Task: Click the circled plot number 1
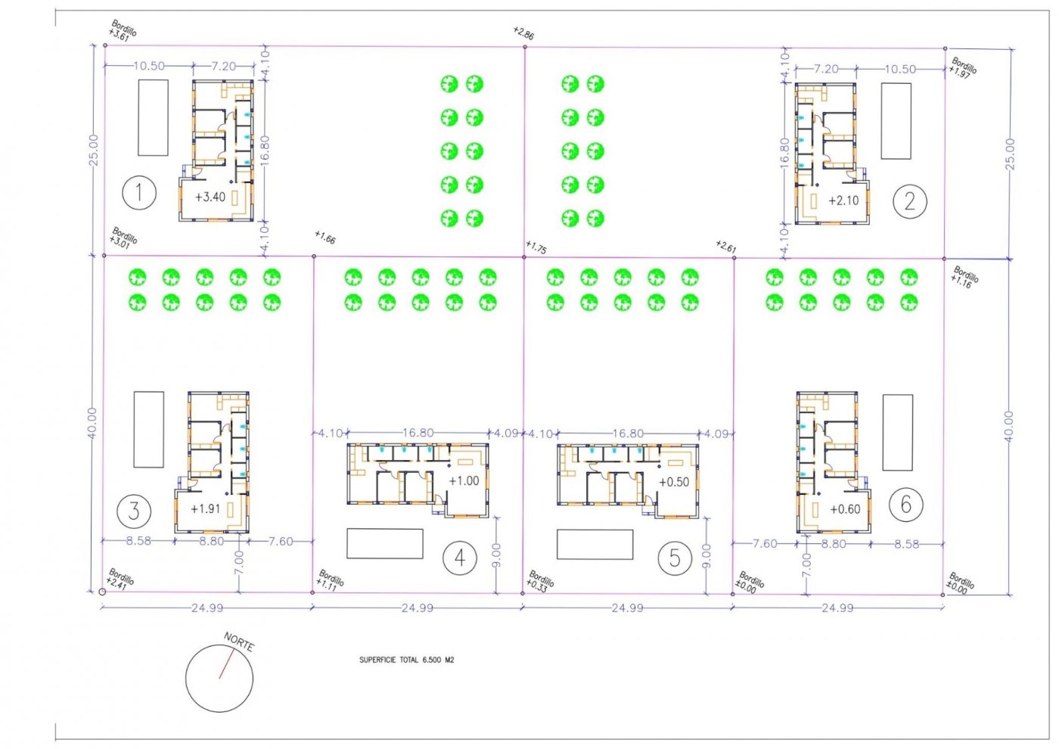tap(139, 193)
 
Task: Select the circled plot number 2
tap(909, 201)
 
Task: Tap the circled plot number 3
tap(134, 511)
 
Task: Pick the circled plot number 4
tap(459, 558)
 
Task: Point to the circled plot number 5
tap(674, 558)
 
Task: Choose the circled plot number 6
tap(905, 504)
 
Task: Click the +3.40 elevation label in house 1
tap(210, 197)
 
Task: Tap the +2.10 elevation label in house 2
tap(843, 200)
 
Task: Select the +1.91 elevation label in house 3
tap(205, 508)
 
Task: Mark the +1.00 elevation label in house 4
tap(464, 480)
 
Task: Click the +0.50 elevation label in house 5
tap(673, 482)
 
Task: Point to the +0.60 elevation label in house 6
tap(844, 509)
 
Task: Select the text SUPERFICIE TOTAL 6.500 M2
tap(406, 660)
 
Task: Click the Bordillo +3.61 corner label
tap(122, 31)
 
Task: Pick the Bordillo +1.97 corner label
tap(962, 68)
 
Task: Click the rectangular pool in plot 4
tap(384, 543)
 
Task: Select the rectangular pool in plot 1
tap(153, 117)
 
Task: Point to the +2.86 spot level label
tap(523, 33)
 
